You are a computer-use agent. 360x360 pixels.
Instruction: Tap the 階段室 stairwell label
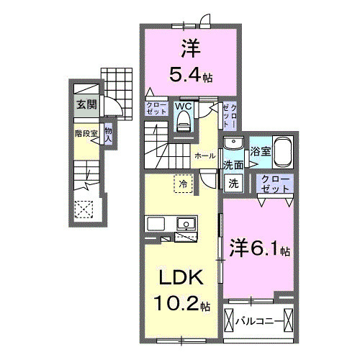[84, 133]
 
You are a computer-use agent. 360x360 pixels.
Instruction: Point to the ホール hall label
[202, 155]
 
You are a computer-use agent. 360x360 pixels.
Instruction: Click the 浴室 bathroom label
[260, 151]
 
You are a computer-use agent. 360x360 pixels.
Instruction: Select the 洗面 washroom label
[232, 165]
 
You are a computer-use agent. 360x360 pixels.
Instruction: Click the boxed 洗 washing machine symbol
[234, 183]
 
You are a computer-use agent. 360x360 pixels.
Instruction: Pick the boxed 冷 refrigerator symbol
[183, 184]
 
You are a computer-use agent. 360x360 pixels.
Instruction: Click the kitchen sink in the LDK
[185, 223]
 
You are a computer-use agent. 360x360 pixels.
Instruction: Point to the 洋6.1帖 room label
[260, 250]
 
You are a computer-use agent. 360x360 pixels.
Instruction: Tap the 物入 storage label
[108, 134]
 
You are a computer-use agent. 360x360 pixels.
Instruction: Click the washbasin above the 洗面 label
[233, 143]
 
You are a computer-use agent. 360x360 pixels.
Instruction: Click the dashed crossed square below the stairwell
[84, 210]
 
